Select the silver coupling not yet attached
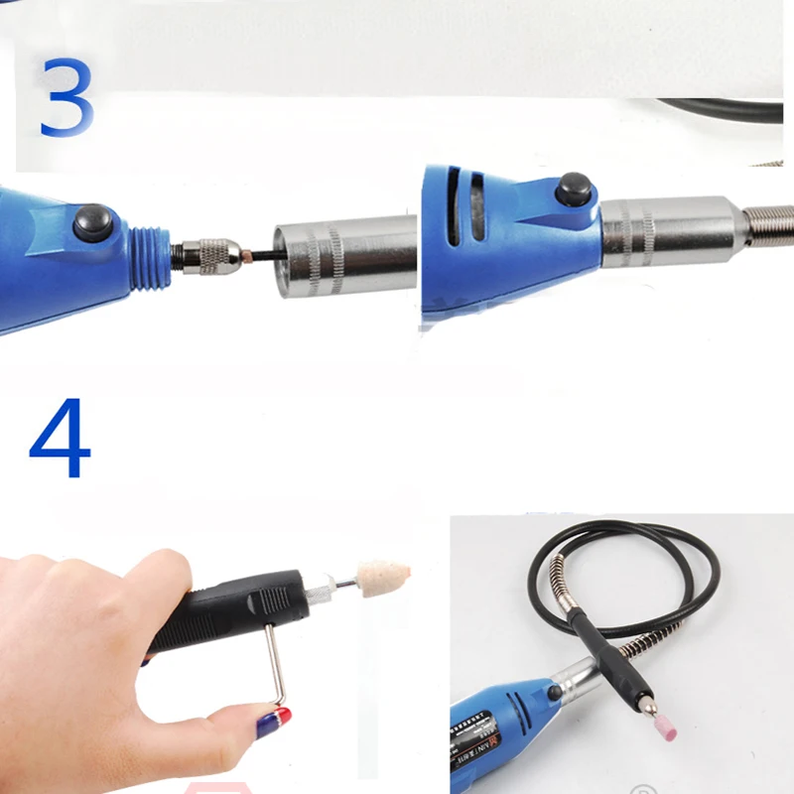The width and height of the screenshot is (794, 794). (342, 253)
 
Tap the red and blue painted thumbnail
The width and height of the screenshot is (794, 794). (272, 721)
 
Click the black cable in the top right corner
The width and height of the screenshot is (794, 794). (725, 112)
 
